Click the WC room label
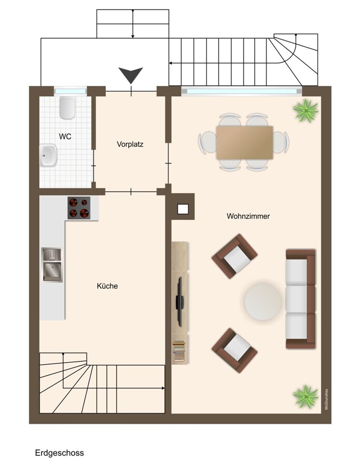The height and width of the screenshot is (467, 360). [x=65, y=136]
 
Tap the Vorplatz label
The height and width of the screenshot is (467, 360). [x=130, y=144]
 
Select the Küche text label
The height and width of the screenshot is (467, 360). [x=107, y=286]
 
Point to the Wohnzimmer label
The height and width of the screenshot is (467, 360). [x=248, y=216]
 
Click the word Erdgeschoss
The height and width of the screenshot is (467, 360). [x=60, y=453]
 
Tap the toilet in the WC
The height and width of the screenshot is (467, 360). [x=67, y=107]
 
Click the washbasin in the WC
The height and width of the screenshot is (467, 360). [x=49, y=155]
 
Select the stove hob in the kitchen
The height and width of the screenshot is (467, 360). [x=79, y=208]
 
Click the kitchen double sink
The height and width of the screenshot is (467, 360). [x=52, y=265]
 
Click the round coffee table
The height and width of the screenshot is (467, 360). [x=262, y=301]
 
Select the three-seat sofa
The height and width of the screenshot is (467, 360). [x=300, y=298]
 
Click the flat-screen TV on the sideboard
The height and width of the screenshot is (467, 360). [x=179, y=301]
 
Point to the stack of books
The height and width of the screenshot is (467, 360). [x=178, y=351]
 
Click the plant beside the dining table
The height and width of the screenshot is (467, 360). [x=306, y=111]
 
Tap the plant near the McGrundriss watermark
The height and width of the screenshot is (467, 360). [x=306, y=396]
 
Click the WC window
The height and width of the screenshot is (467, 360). [x=70, y=90]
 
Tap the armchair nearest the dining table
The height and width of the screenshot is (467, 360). [x=234, y=256]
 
